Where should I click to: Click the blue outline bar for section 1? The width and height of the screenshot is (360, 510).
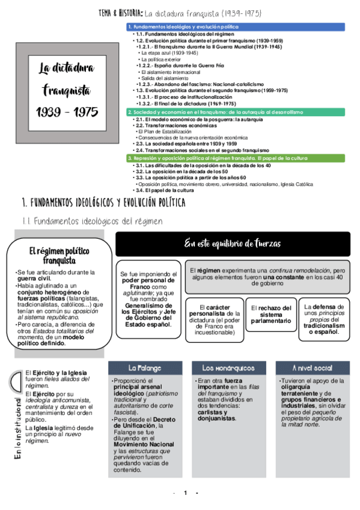(236, 27)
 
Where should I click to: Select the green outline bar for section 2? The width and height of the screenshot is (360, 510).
(236, 112)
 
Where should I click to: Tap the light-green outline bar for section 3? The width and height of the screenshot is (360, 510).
(236, 158)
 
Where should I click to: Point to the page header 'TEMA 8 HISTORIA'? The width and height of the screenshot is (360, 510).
(120, 13)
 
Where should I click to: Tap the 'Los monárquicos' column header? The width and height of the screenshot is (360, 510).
(228, 367)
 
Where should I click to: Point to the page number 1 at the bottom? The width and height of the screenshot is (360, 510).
(186, 493)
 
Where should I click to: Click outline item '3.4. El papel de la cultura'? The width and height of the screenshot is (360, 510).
(165, 191)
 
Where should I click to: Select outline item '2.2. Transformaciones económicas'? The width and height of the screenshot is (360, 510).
(175, 125)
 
